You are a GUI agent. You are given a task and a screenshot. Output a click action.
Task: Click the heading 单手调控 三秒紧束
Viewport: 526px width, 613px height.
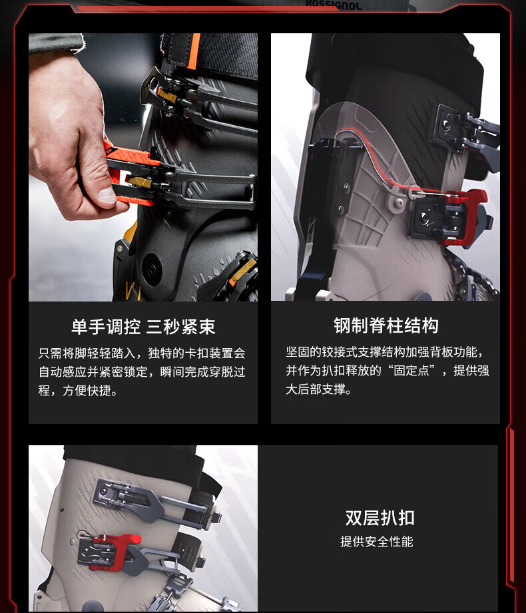tap(143, 326)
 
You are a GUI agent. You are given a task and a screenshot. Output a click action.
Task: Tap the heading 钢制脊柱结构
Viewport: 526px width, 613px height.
tap(386, 325)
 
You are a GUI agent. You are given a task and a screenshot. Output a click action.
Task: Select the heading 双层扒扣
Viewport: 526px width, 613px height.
tap(380, 518)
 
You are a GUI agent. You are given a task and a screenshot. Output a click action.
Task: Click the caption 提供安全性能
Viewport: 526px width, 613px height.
tap(377, 542)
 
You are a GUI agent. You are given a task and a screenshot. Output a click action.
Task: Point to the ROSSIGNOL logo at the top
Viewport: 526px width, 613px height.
tap(334, 5)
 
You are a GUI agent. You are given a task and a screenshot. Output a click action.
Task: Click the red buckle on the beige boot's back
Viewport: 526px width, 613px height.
tap(465, 217)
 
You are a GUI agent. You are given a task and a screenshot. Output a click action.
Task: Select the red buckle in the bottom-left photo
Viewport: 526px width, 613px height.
tap(113, 551)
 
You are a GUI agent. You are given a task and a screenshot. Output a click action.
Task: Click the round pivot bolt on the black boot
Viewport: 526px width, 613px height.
tap(151, 269)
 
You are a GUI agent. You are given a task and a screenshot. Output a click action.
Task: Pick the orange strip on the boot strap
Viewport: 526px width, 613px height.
tap(194, 50)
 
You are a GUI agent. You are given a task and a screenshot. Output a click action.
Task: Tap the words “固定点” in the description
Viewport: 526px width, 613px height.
tap(412, 370)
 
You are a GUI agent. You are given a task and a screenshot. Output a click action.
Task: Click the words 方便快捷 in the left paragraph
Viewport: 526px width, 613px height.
tap(87, 390)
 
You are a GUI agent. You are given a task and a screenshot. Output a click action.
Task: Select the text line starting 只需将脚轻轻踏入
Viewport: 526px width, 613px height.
tap(142, 353)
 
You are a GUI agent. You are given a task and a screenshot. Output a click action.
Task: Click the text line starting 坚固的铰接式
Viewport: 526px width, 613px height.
tap(384, 352)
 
